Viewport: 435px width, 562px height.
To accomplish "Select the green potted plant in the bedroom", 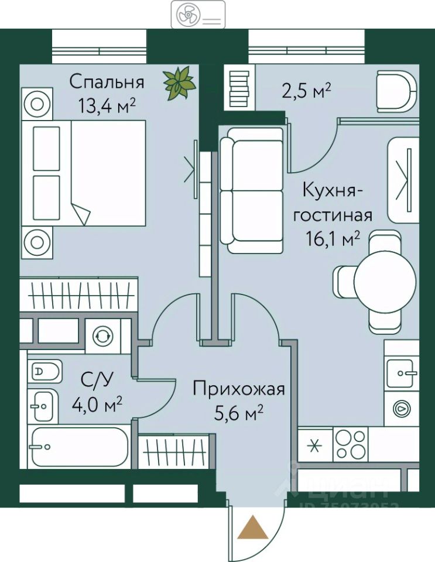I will tap(180, 83).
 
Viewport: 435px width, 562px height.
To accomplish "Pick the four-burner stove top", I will tap(351, 446).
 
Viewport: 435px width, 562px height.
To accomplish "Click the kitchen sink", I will tap(402, 370).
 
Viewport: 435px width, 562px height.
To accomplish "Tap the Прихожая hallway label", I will tap(238, 389).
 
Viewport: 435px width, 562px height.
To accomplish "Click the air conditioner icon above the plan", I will tap(198, 14).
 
